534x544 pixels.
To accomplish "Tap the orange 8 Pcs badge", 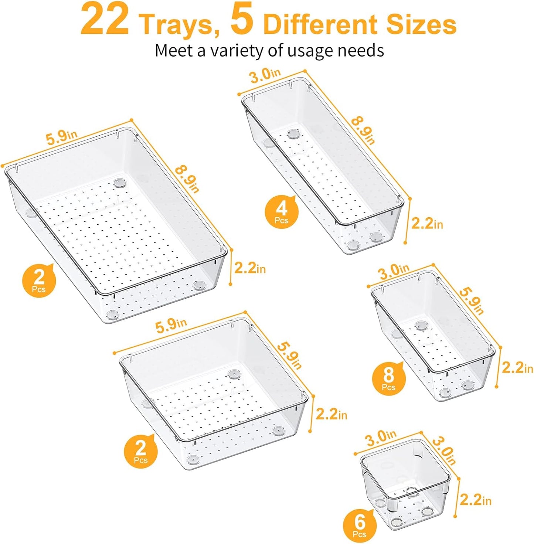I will point(389,378).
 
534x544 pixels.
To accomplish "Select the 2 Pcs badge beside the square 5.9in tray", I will point(141,452).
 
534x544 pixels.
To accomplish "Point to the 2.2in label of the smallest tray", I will point(476,500).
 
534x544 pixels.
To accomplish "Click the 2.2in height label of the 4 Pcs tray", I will point(427,224).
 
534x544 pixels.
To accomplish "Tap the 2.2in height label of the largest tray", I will point(250,268).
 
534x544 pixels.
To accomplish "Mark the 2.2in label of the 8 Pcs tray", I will point(517,368).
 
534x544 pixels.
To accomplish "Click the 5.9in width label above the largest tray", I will point(61,137).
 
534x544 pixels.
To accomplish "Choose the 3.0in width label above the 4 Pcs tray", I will point(265,76).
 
